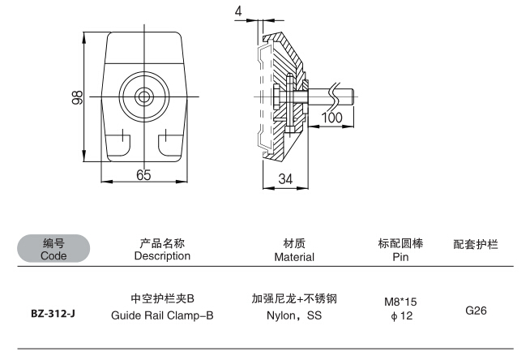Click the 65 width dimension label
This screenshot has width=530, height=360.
click(143, 174)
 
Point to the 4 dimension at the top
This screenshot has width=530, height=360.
click(237, 11)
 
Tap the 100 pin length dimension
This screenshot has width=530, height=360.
click(331, 118)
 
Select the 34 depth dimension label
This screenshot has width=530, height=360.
click(285, 178)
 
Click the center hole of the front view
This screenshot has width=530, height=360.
click(143, 96)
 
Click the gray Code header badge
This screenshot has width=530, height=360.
click(53, 249)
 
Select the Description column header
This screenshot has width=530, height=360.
click(162, 250)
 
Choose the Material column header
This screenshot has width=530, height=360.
click(293, 250)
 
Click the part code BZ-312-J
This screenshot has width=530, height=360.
click(53, 311)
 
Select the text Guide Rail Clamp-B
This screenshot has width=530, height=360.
click(162, 316)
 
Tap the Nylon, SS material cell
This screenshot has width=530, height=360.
click(294, 316)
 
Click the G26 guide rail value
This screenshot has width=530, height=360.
click(477, 309)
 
